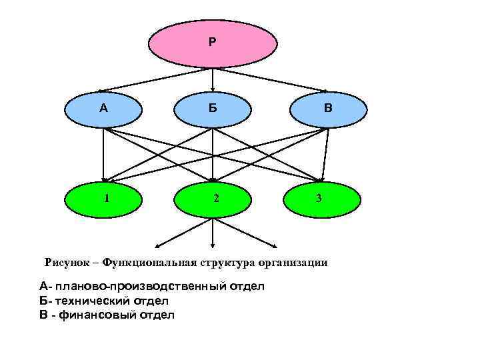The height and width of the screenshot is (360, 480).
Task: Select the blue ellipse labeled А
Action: (x=103, y=109)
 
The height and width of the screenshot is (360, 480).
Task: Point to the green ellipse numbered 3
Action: (x=322, y=199)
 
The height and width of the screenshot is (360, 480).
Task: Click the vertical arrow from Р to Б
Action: (x=212, y=79)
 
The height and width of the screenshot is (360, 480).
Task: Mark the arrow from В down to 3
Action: (x=325, y=154)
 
